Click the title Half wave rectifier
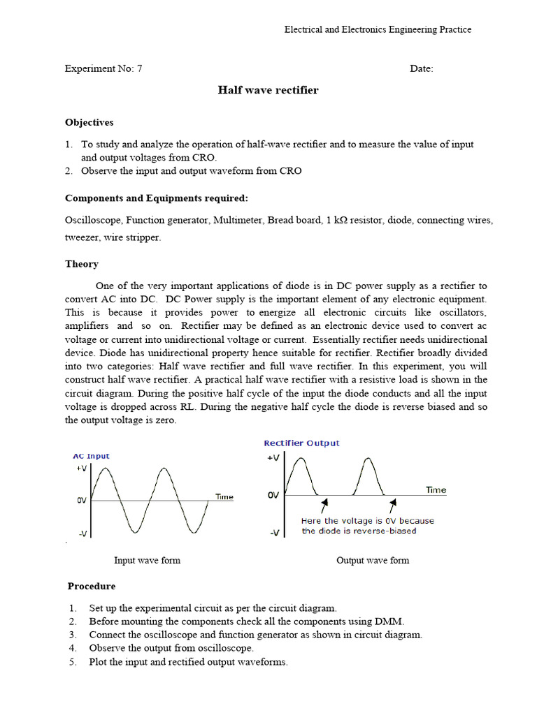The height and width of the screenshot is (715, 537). click(x=268, y=90)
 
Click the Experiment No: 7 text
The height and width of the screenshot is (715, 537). click(x=103, y=68)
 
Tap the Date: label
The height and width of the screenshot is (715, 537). click(x=421, y=68)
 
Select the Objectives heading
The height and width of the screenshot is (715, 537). click(x=89, y=122)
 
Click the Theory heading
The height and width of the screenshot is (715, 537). click(x=82, y=264)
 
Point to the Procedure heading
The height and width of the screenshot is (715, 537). click(x=92, y=586)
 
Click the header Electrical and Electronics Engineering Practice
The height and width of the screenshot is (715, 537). click(x=378, y=29)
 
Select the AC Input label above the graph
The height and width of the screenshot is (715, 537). click(x=92, y=456)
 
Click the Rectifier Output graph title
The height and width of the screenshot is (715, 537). click(x=301, y=443)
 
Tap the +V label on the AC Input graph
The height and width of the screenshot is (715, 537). click(x=82, y=469)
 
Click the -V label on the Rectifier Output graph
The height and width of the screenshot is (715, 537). click(x=273, y=533)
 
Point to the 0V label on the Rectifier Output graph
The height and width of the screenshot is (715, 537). click(x=273, y=495)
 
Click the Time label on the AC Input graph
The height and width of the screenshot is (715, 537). click(x=224, y=497)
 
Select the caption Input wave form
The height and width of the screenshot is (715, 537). click(x=147, y=560)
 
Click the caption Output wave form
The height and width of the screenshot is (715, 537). click(x=373, y=560)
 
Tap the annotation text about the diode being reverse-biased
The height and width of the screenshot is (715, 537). click(x=367, y=526)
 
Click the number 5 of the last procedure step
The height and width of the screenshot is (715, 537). click(x=72, y=662)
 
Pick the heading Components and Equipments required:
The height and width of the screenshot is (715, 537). click(x=157, y=198)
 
